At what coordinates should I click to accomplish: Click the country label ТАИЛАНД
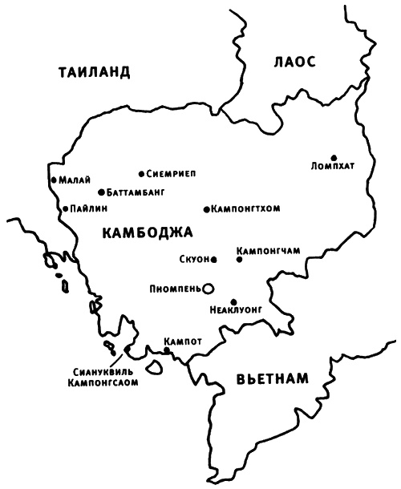pos(94,73)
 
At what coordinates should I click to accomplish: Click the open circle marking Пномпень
pos(209,287)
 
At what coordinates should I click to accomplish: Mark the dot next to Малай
pos(52,180)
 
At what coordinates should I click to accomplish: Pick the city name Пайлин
pos(84,209)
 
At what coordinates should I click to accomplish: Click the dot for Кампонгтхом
pos(206,209)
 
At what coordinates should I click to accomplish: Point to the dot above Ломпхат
pos(334,157)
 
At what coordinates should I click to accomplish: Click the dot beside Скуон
pos(214,259)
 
